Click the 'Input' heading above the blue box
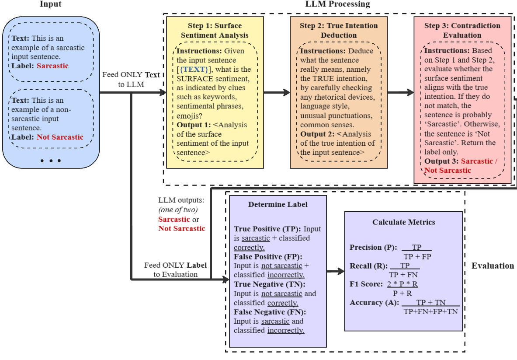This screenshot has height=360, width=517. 50,4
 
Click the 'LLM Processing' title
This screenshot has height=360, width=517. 337,4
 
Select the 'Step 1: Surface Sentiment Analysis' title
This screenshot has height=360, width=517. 215,30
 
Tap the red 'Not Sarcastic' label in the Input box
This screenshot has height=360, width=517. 60,137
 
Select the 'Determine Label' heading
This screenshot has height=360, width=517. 278,204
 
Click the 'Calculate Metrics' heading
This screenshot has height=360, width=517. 403,222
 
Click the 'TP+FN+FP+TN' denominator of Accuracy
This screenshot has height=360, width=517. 430,311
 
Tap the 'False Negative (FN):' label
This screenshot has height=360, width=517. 270,312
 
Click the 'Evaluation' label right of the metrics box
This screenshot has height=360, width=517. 493,266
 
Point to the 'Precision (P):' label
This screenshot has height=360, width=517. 371,248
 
